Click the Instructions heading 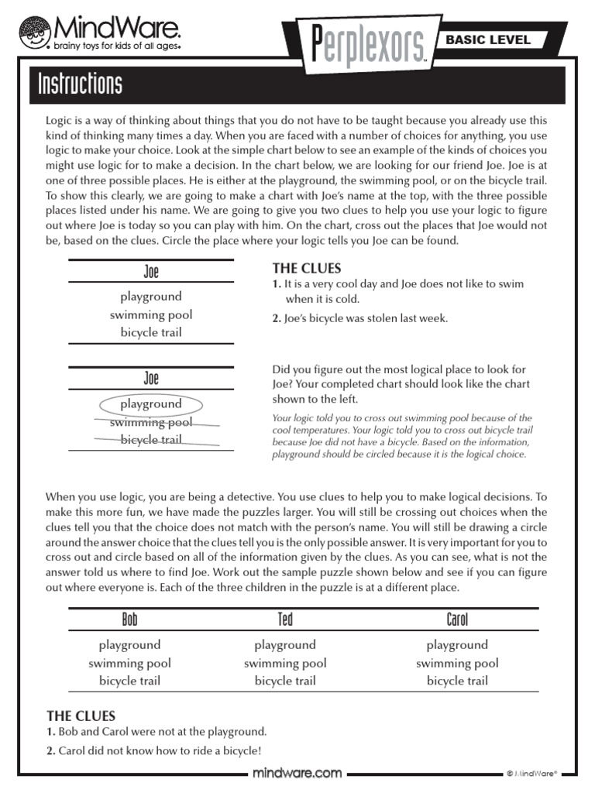(x=81, y=84)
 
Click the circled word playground (x=151, y=403)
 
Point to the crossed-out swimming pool (x=151, y=422)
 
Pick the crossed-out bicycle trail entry (x=151, y=440)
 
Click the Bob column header (x=129, y=620)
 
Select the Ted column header (x=285, y=620)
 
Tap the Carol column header (x=457, y=620)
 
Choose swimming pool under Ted (x=285, y=663)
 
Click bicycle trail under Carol (x=457, y=681)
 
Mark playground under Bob (x=129, y=644)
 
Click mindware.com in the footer (x=297, y=773)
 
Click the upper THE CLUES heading (x=306, y=269)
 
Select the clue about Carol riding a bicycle (x=154, y=750)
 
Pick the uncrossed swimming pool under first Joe (x=151, y=314)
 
